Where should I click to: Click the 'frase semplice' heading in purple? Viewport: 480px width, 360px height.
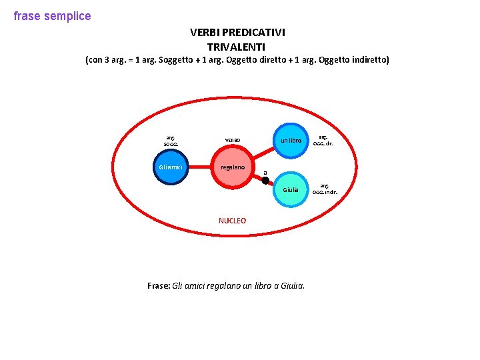point(52,16)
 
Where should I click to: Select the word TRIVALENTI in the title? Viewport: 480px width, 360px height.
point(236,47)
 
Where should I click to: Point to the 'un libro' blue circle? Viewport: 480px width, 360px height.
point(291,141)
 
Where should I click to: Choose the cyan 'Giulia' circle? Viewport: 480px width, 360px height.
point(291,190)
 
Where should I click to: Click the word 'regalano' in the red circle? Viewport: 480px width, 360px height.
point(233,167)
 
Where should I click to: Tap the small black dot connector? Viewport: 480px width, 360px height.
point(265,180)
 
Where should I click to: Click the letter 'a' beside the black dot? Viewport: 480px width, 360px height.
point(265,173)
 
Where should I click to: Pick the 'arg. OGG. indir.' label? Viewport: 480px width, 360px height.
point(325,189)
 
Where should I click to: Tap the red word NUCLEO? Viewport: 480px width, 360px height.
point(232,221)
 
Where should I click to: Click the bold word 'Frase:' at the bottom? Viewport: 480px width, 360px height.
point(159,285)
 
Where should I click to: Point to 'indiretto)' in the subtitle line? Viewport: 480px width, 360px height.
point(369,60)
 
